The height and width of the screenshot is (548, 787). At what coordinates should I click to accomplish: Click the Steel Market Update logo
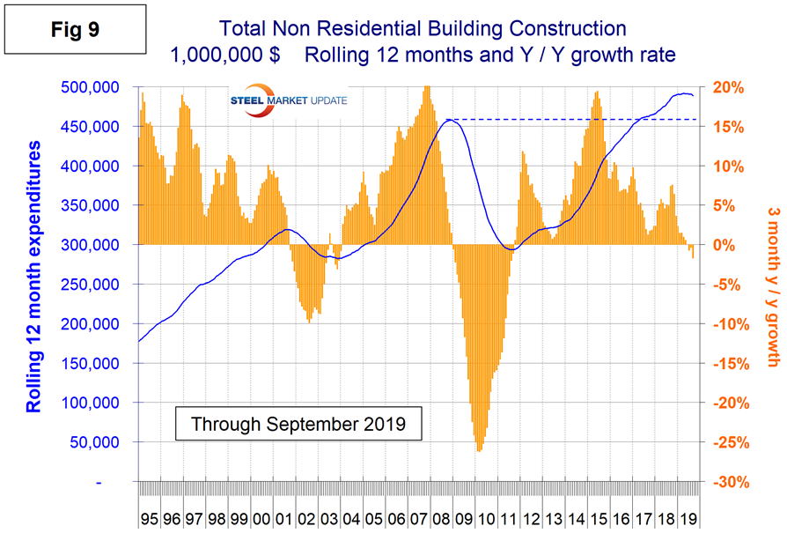288,100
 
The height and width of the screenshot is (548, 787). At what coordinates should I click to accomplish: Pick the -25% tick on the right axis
731,442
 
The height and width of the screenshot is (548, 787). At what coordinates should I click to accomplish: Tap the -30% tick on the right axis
731,482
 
